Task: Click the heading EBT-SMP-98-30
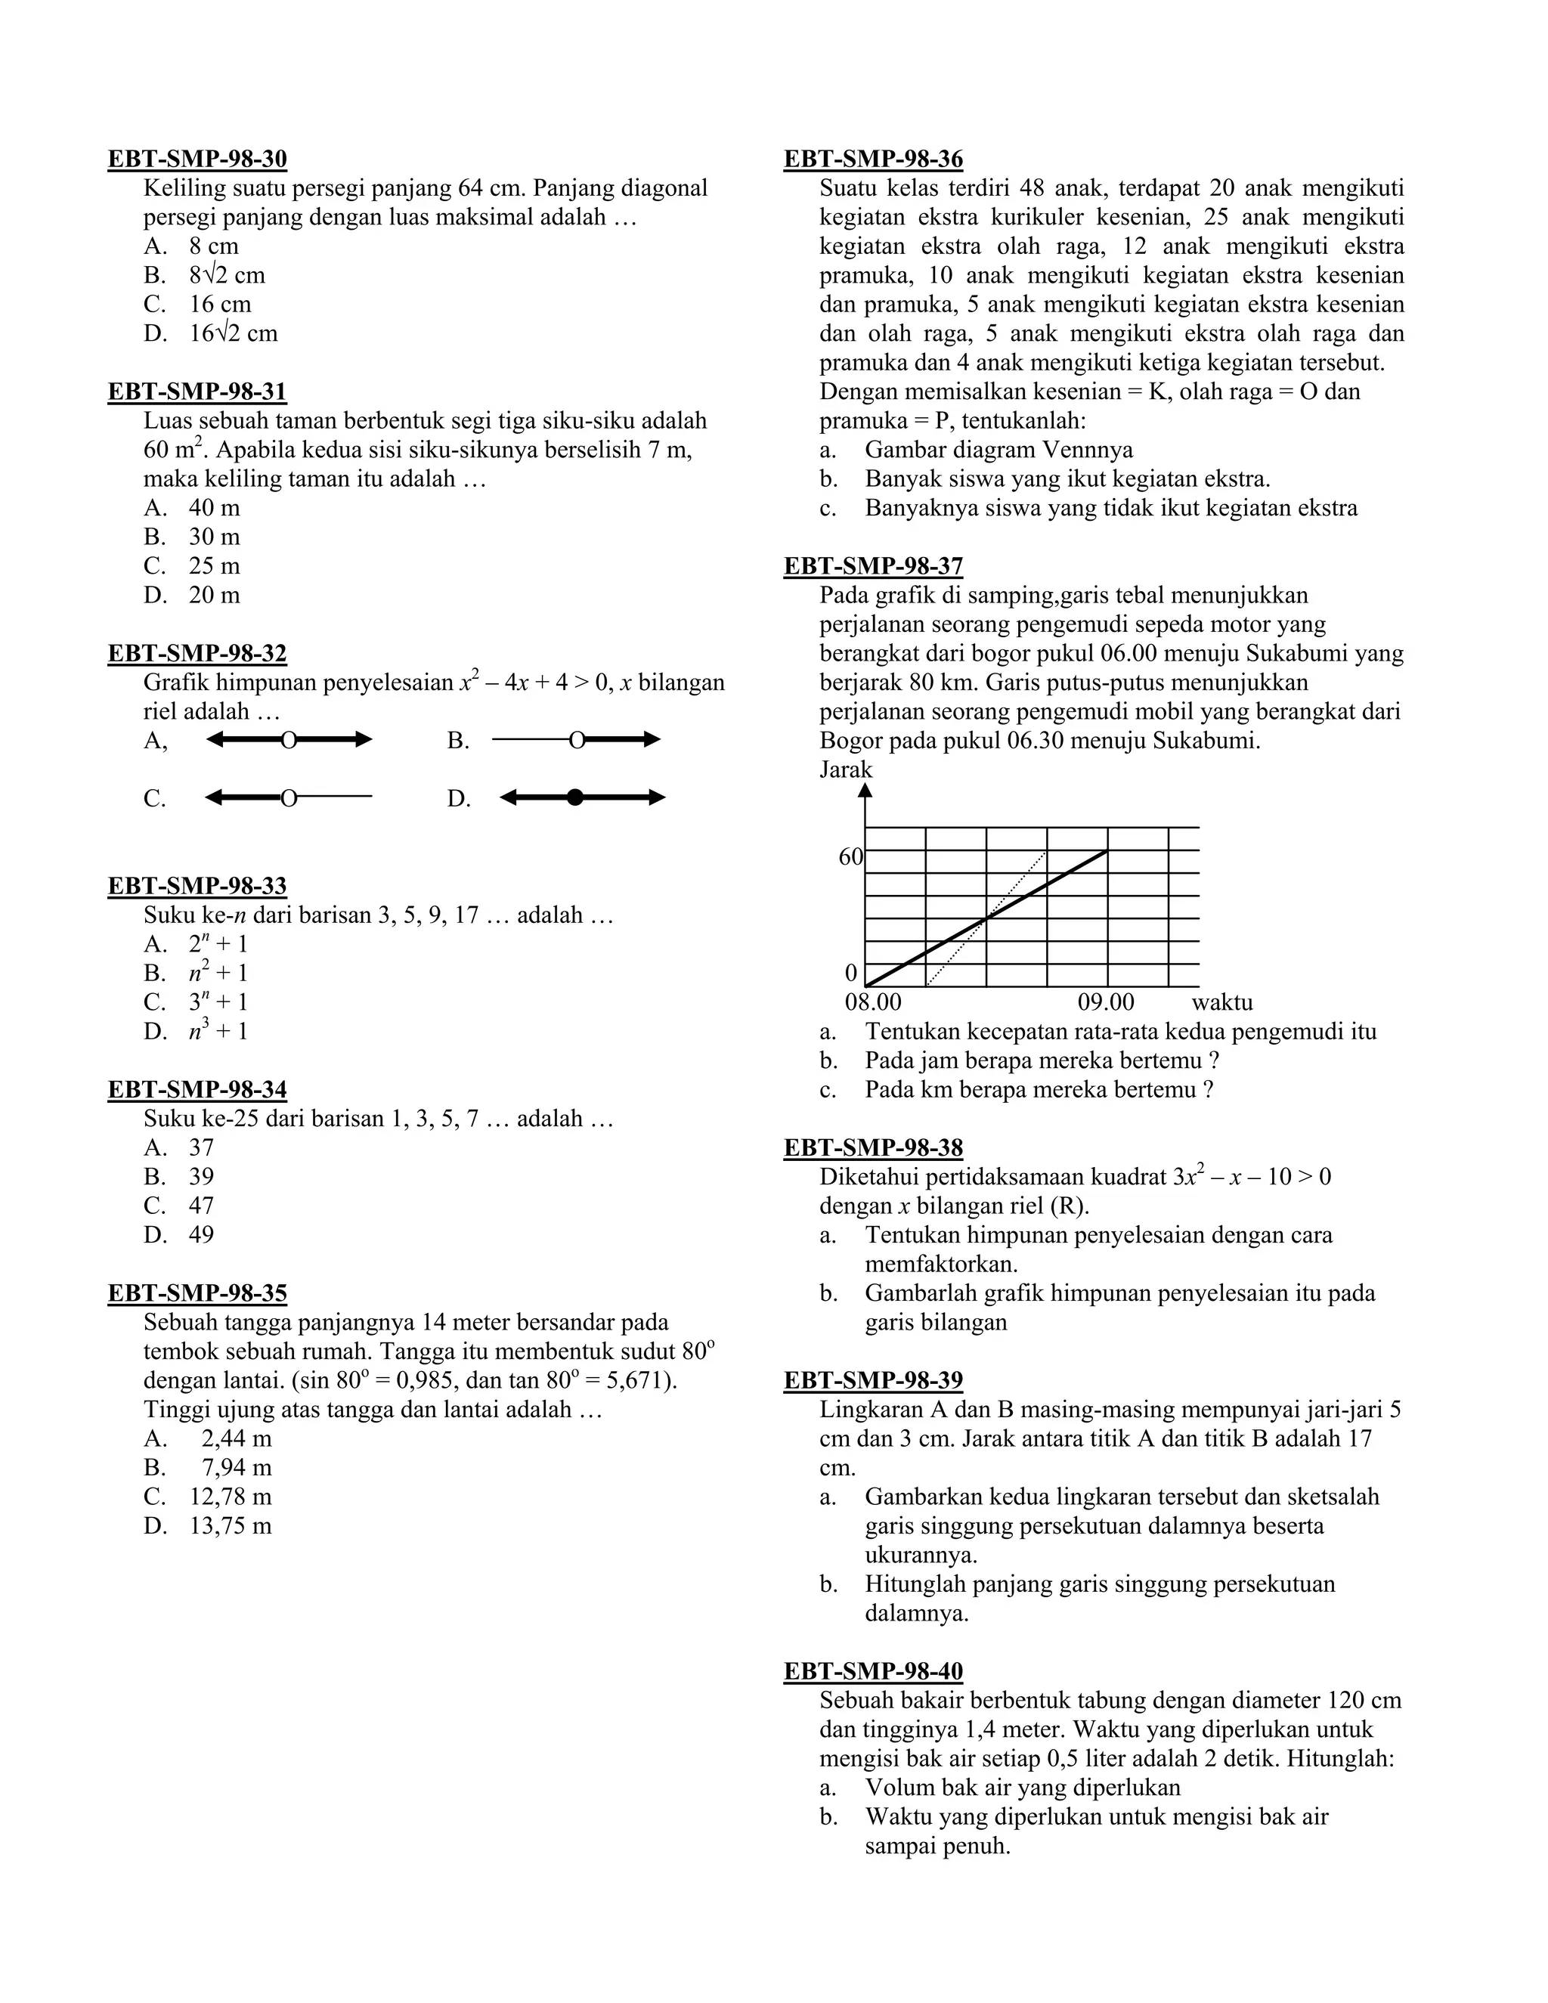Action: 197,159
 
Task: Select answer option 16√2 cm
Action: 233,333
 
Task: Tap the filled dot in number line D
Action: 575,797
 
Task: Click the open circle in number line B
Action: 577,739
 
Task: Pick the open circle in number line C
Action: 288,798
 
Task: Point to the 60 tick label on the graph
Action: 850,856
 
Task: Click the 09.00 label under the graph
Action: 1106,1001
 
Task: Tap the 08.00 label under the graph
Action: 873,1001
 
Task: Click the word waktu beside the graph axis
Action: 1221,1001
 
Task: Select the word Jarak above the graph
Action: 846,769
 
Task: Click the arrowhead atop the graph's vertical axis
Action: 865,790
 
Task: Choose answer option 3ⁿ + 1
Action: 218,1001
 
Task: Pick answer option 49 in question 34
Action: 201,1234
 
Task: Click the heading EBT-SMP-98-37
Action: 873,566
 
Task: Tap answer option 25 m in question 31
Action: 214,566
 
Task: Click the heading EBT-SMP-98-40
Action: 873,1671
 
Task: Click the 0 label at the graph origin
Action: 851,972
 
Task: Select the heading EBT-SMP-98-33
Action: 197,886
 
